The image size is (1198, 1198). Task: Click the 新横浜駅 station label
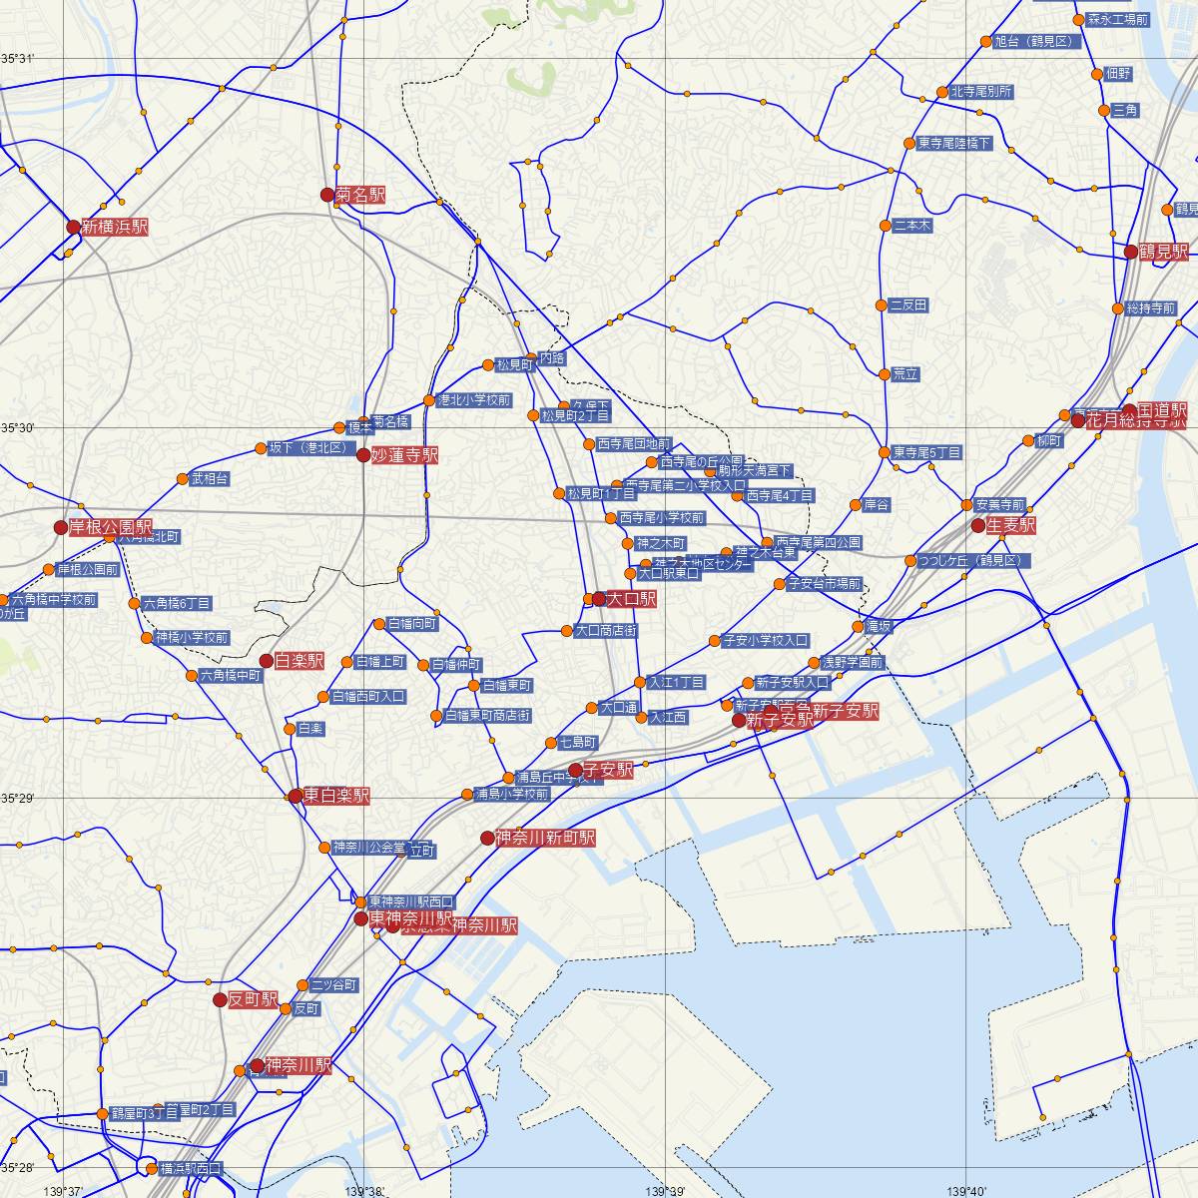coord(114,227)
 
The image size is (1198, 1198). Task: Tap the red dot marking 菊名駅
coord(327,195)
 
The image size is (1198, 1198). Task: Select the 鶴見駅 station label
coord(1164,252)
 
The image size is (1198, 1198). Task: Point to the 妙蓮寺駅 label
coord(404,455)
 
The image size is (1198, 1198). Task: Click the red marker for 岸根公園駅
coord(61,527)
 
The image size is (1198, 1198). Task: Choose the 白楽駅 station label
coord(299,661)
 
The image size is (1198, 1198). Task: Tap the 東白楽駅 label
coord(336,796)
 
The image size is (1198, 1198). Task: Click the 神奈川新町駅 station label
coord(545,838)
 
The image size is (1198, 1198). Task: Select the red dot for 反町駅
coord(220,999)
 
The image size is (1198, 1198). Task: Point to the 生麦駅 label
coord(1010,525)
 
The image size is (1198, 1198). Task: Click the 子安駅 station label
coord(608,770)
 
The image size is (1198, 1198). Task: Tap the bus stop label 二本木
coord(912,226)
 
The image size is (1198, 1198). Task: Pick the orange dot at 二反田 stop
coord(882,304)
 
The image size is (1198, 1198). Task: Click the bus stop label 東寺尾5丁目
coord(927,452)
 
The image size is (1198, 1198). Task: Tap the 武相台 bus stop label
coord(210,479)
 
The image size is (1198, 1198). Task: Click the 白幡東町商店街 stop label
coord(487,716)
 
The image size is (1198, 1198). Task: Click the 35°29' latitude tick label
coord(18,798)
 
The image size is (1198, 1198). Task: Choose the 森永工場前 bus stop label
coord(1118,19)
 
